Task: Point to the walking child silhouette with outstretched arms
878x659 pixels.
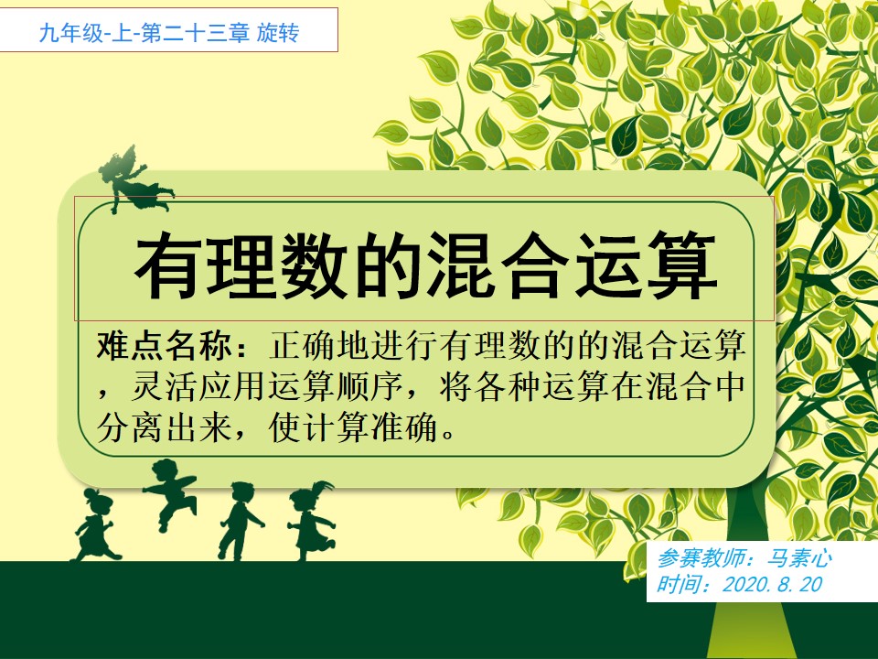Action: [239, 521]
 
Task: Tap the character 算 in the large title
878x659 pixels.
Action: [683, 265]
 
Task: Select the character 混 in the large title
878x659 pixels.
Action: [462, 265]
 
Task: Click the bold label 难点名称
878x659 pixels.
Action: [164, 345]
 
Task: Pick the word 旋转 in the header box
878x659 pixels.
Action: [278, 33]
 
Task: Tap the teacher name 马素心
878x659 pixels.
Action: [799, 558]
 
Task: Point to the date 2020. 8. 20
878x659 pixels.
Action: [773, 585]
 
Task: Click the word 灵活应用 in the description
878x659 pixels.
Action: [198, 386]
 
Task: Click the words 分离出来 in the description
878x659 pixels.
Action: [164, 427]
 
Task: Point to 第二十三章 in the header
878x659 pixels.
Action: [195, 33]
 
